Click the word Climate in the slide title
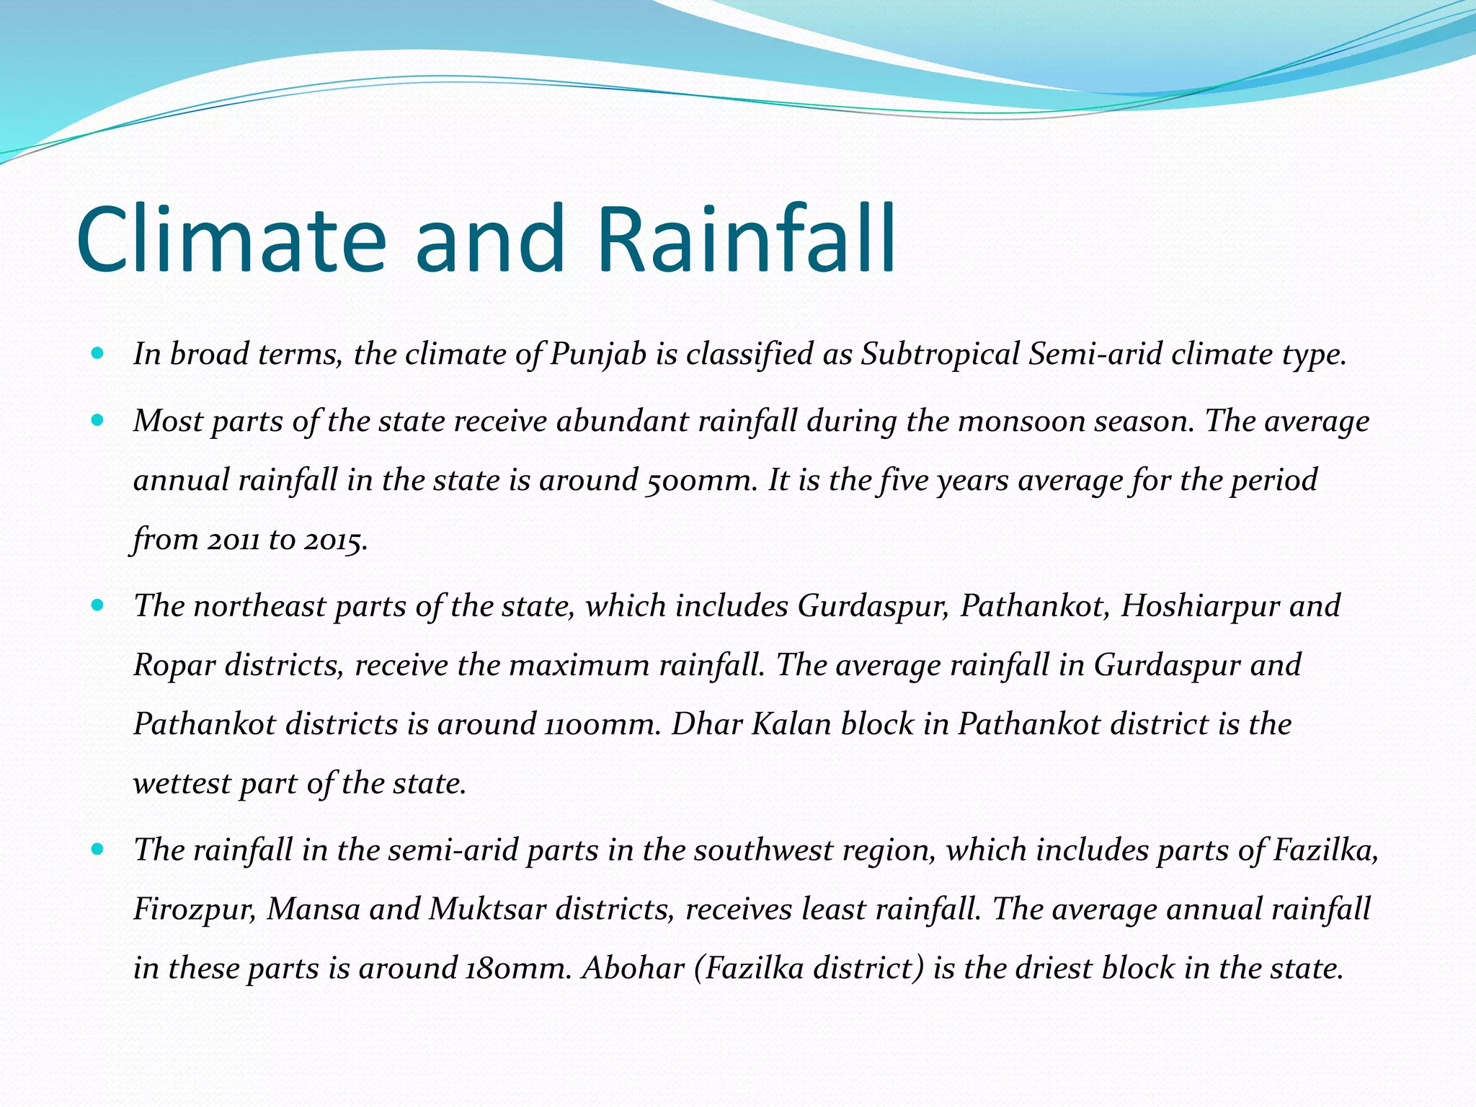coord(231,239)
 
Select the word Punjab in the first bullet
coord(598,355)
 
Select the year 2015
coord(336,540)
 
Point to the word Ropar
coord(174,665)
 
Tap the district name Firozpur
coord(195,910)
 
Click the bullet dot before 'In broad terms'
coord(98,354)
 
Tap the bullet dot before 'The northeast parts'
coord(98,605)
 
